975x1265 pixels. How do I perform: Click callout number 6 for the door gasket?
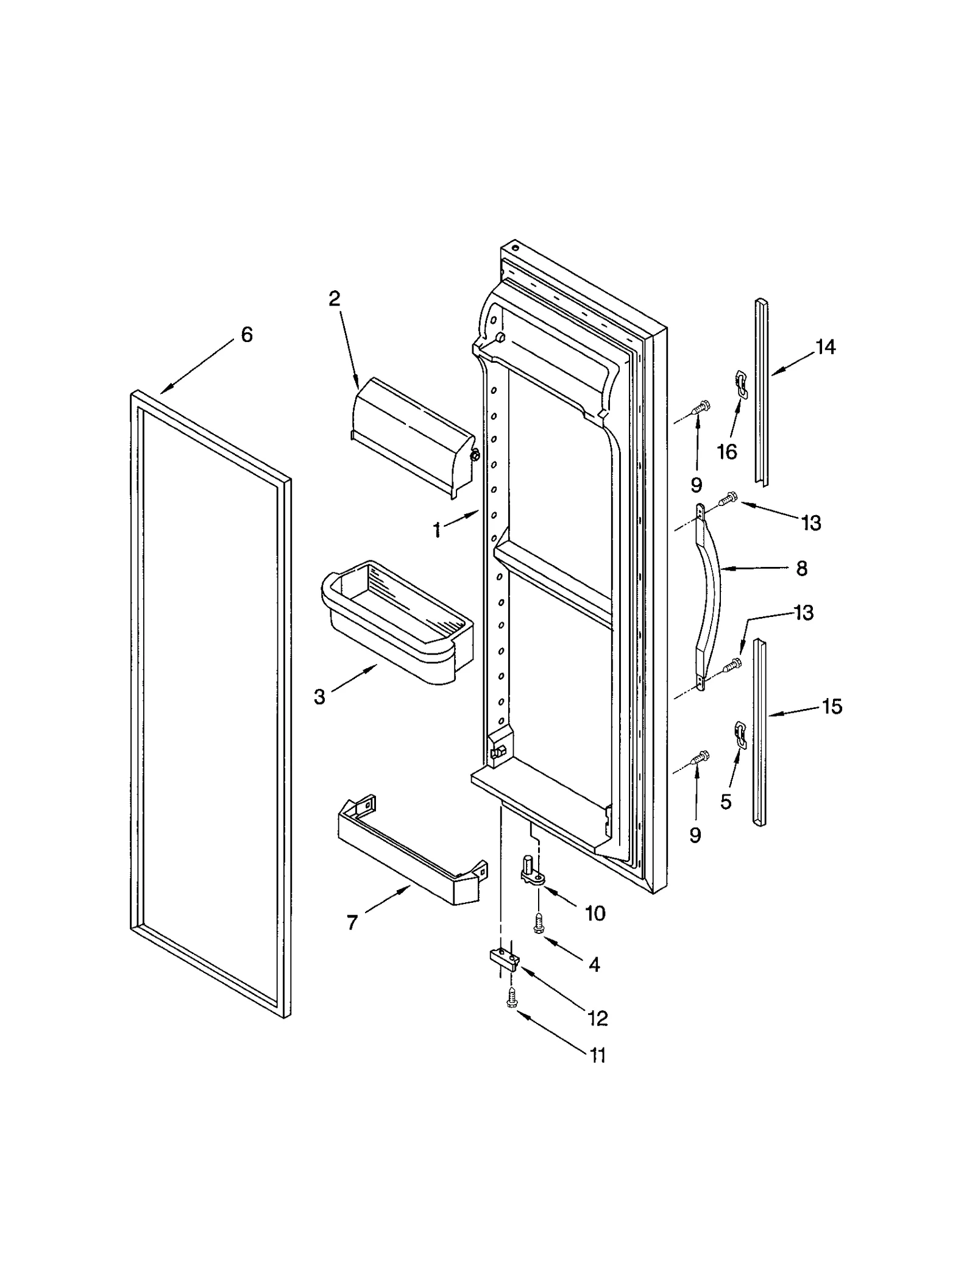pyautogui.click(x=247, y=335)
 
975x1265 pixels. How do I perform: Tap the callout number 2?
pyautogui.click(x=335, y=299)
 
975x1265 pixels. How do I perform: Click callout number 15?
pyautogui.click(x=832, y=707)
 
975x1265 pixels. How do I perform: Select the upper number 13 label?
pyautogui.click(x=811, y=522)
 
